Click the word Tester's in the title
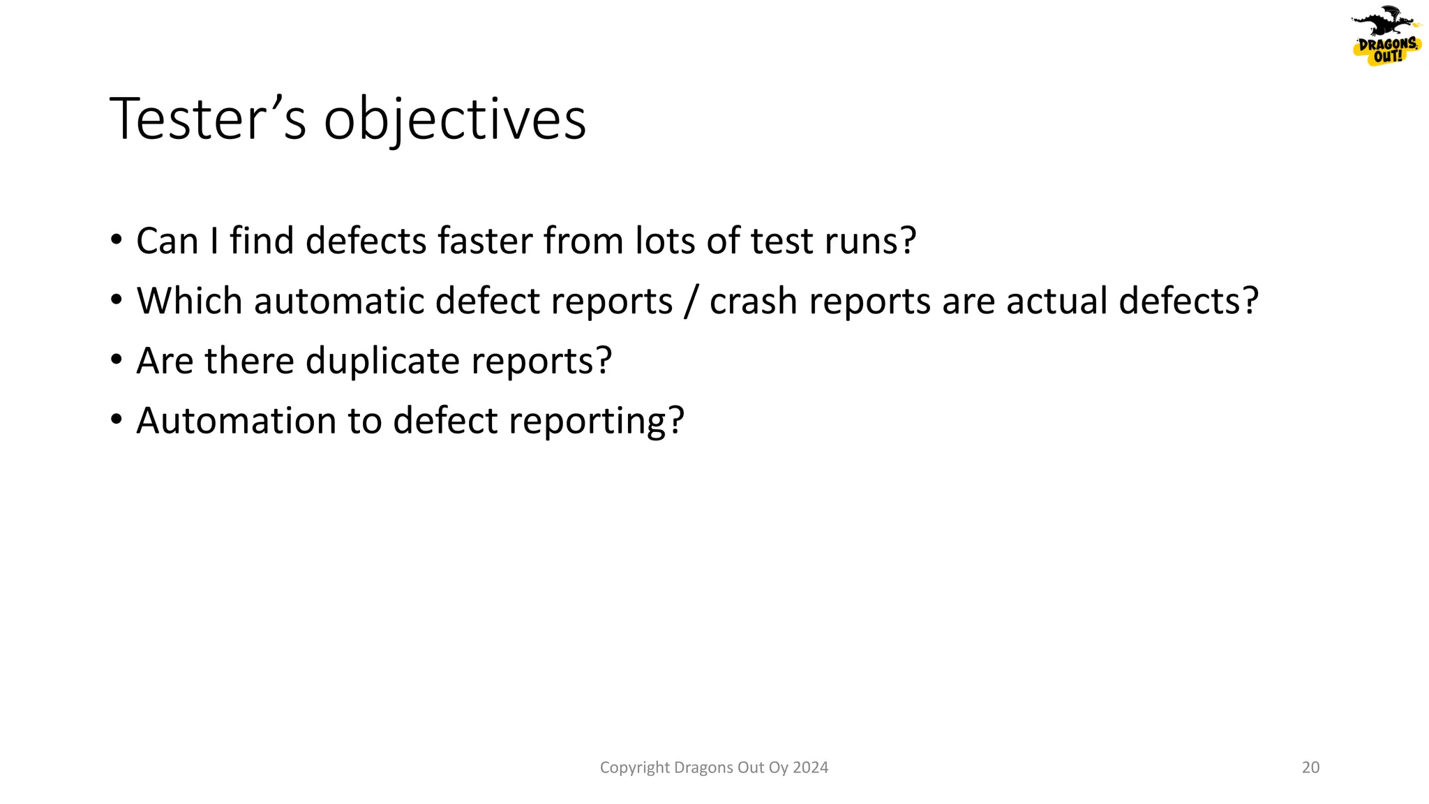(207, 120)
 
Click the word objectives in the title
(454, 120)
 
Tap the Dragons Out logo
(1386, 36)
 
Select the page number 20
(1310, 768)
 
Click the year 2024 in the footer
(810, 768)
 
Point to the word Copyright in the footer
(634, 768)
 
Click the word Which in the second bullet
(189, 301)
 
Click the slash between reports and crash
(691, 302)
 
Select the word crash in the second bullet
(753, 301)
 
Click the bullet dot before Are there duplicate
(116, 360)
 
